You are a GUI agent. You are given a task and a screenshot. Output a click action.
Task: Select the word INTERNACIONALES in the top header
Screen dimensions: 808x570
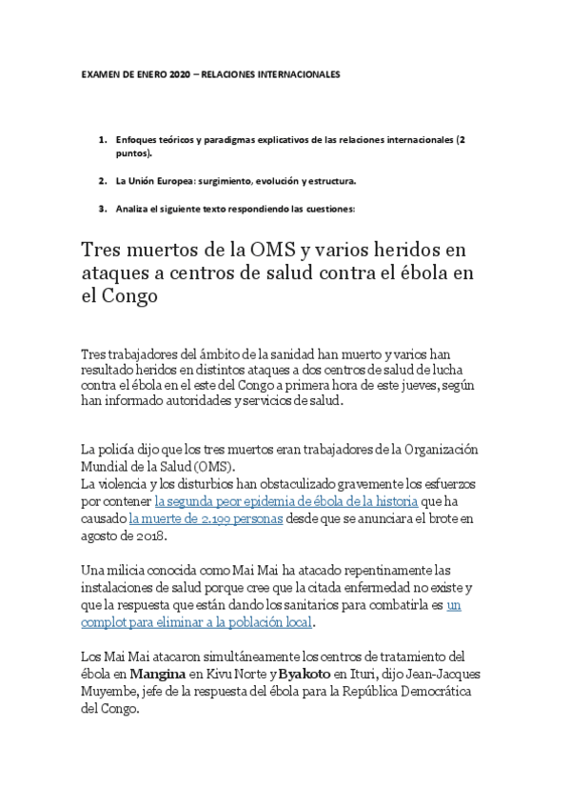pyautogui.click(x=292, y=73)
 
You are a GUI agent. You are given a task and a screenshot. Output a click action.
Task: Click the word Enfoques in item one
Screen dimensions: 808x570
pyautogui.click(x=136, y=139)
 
